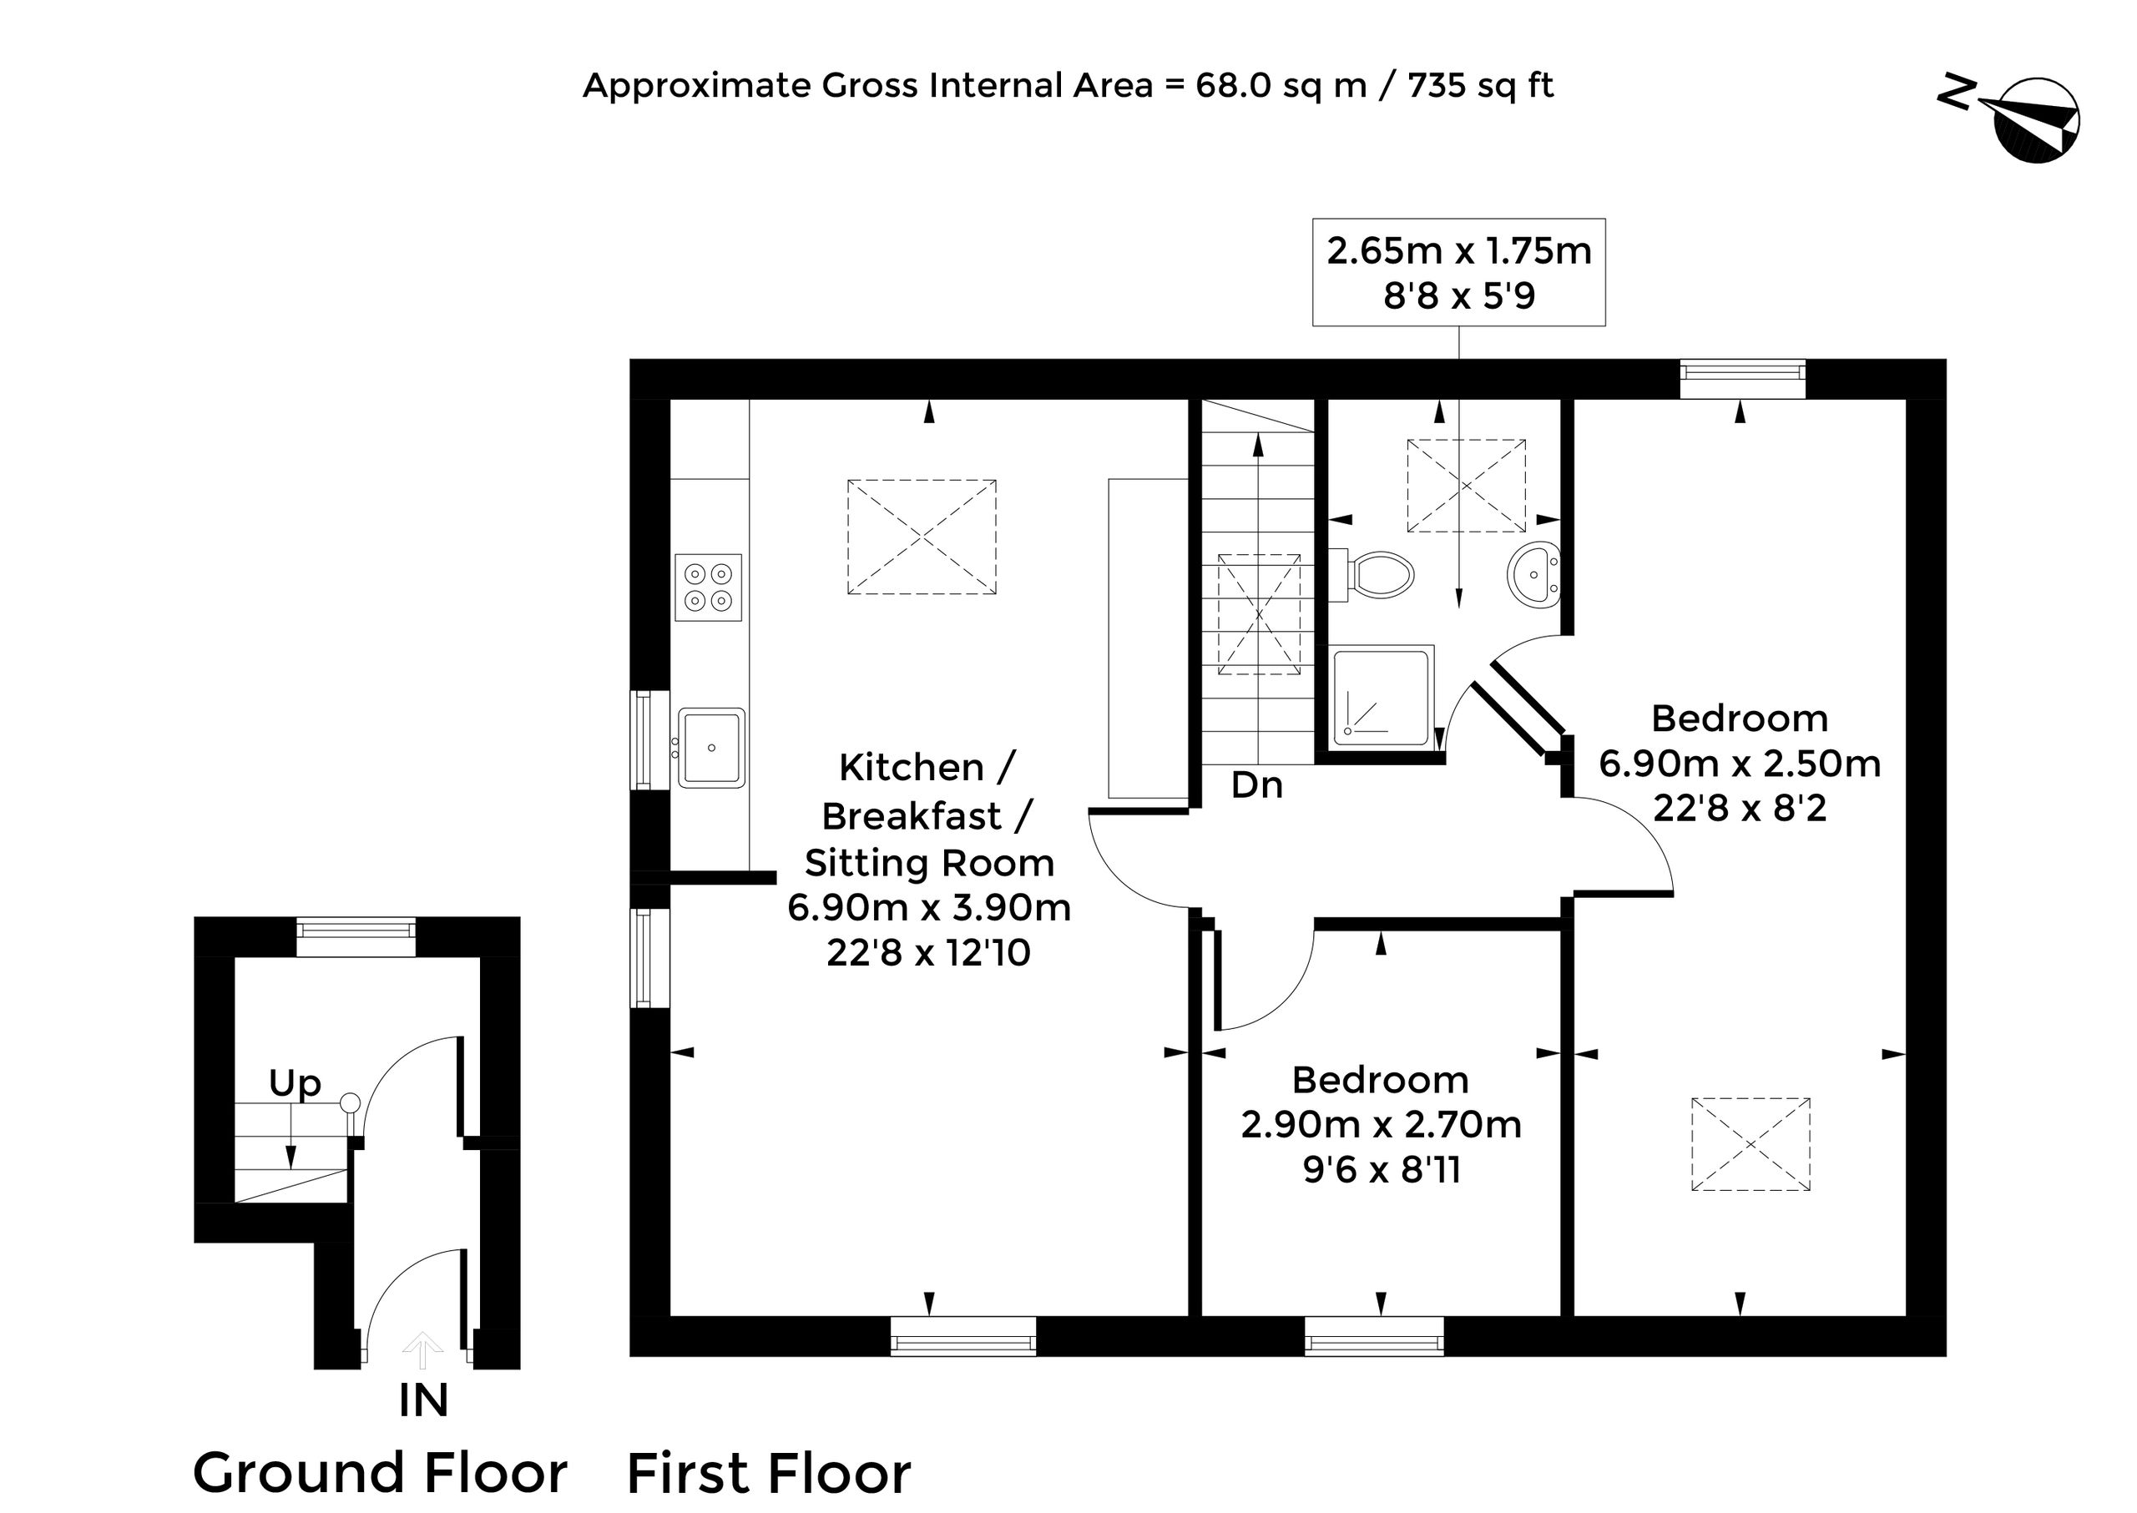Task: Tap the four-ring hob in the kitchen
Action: [708, 588]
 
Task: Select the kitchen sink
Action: [712, 748]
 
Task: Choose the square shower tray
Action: [1383, 696]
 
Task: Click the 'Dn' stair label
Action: [1256, 785]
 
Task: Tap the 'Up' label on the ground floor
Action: [295, 1083]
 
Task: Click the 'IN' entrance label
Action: [424, 1400]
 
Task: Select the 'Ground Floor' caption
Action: [381, 1473]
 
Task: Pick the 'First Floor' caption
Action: [769, 1474]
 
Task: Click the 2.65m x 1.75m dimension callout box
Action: [1458, 272]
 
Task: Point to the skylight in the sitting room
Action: [922, 537]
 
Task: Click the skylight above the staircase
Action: [1259, 614]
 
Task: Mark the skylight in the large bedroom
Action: [1751, 1144]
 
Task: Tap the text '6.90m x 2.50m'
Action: [1740, 764]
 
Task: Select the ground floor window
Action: [356, 936]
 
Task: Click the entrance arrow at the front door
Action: [422, 1350]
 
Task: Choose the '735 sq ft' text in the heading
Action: [1481, 86]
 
